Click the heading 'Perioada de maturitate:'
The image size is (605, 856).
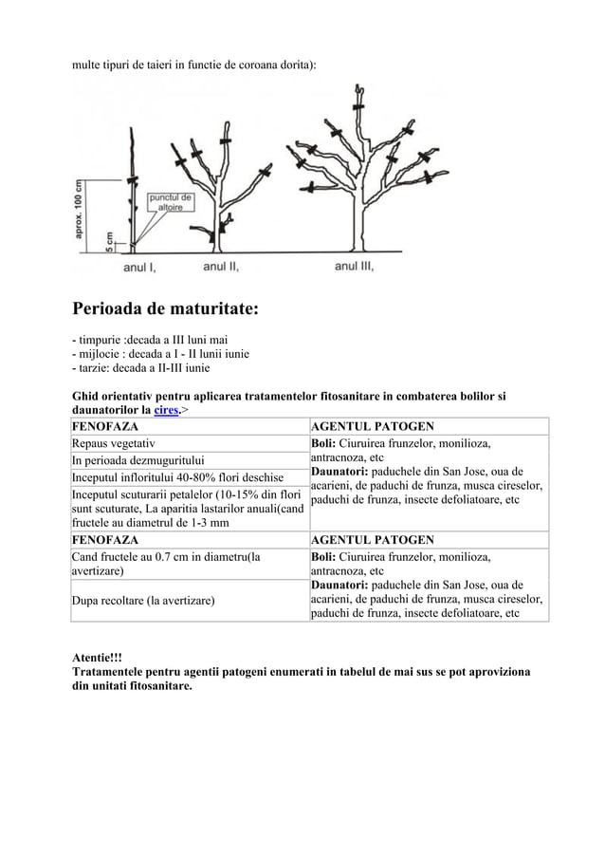coord(166,310)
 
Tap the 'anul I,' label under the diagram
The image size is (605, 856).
coord(139,268)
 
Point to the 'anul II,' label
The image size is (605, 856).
coord(221,267)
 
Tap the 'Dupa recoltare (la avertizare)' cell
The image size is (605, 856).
coord(143,602)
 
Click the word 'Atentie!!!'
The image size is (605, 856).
coord(98,657)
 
